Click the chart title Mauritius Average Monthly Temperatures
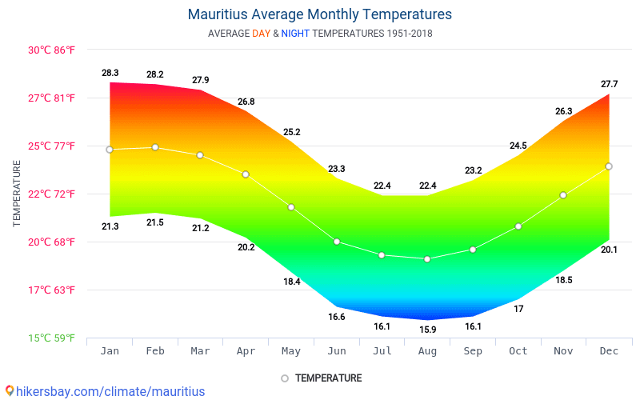(319, 14)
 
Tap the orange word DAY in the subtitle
(262, 34)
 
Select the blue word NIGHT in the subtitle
(295, 34)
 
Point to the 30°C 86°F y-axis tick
(52, 50)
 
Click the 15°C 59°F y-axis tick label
(52, 338)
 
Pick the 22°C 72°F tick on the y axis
(52, 194)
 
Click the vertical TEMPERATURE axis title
(17, 193)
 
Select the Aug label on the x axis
(427, 351)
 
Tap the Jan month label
(110, 351)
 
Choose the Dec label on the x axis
(609, 351)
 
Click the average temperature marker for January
(110, 150)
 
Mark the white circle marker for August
(427, 259)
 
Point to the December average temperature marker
(609, 166)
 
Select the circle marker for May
(291, 207)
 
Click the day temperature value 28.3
(110, 73)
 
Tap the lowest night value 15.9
(427, 330)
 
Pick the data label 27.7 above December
(609, 84)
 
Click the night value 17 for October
(518, 309)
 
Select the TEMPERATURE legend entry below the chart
(321, 378)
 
